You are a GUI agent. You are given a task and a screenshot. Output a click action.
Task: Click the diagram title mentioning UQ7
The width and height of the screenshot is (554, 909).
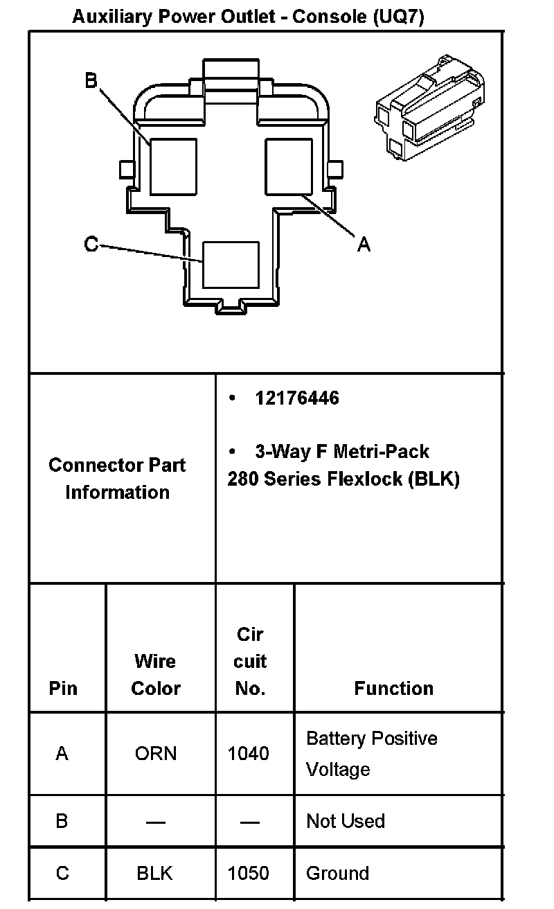click(248, 17)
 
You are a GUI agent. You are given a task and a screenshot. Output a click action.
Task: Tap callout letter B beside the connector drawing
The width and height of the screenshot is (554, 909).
click(91, 81)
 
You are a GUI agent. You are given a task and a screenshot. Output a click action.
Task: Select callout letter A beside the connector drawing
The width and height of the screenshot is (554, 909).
click(364, 244)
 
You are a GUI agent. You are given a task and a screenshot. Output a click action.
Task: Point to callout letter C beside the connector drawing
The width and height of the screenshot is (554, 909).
click(91, 245)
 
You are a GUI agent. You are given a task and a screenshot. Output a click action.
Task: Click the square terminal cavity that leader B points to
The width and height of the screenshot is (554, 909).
click(173, 166)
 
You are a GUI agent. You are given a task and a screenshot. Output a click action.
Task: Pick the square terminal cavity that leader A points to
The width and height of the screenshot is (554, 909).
click(289, 166)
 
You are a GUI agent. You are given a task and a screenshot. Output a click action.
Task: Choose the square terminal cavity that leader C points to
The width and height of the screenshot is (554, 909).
click(230, 264)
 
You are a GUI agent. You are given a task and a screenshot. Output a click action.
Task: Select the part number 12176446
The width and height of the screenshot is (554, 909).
click(297, 398)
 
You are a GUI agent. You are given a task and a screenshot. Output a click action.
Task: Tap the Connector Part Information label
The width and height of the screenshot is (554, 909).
click(117, 478)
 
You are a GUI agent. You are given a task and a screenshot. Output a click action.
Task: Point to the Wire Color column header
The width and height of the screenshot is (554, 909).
click(156, 675)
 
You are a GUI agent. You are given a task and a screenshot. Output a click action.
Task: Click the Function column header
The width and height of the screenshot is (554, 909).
click(393, 688)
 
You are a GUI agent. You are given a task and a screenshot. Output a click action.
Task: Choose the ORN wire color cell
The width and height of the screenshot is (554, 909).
click(156, 753)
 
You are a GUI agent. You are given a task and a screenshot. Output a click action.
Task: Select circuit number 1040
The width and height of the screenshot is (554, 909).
click(249, 753)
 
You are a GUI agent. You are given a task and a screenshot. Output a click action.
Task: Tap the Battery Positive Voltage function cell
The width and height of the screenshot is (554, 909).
click(371, 754)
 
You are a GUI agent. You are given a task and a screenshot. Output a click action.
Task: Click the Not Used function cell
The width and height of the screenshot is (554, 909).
click(345, 821)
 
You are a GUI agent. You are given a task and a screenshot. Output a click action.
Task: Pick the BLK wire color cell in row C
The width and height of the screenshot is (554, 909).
click(154, 873)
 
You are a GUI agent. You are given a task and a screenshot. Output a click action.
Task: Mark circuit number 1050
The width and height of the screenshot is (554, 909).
click(249, 873)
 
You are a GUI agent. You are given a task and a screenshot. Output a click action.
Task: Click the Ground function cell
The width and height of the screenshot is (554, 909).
click(337, 873)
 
